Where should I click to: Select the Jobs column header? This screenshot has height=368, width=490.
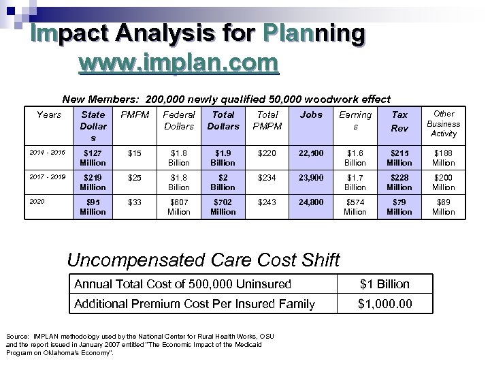click(x=311, y=114)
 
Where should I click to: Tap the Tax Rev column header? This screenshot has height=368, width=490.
click(x=399, y=121)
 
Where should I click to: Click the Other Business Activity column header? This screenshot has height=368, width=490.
click(x=443, y=123)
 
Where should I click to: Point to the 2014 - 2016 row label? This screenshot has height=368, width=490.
click(x=48, y=152)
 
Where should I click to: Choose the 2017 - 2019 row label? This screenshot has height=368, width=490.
click(x=48, y=177)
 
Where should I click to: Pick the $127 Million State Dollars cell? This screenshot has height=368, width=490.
click(x=93, y=157)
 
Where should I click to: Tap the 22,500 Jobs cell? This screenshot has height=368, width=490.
click(x=311, y=153)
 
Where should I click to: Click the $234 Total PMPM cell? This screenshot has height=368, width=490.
click(x=267, y=177)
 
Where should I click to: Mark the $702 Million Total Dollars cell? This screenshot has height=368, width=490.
click(x=223, y=206)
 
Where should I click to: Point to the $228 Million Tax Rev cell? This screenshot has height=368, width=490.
click(x=399, y=182)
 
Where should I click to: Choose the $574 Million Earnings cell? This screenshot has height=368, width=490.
click(x=355, y=206)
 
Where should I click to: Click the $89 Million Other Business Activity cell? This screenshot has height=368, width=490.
click(x=443, y=206)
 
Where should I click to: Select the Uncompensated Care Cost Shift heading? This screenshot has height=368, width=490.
click(x=203, y=260)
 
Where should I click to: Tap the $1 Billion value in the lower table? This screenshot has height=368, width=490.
click(x=385, y=283)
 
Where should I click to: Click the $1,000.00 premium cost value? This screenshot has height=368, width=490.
click(x=385, y=303)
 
